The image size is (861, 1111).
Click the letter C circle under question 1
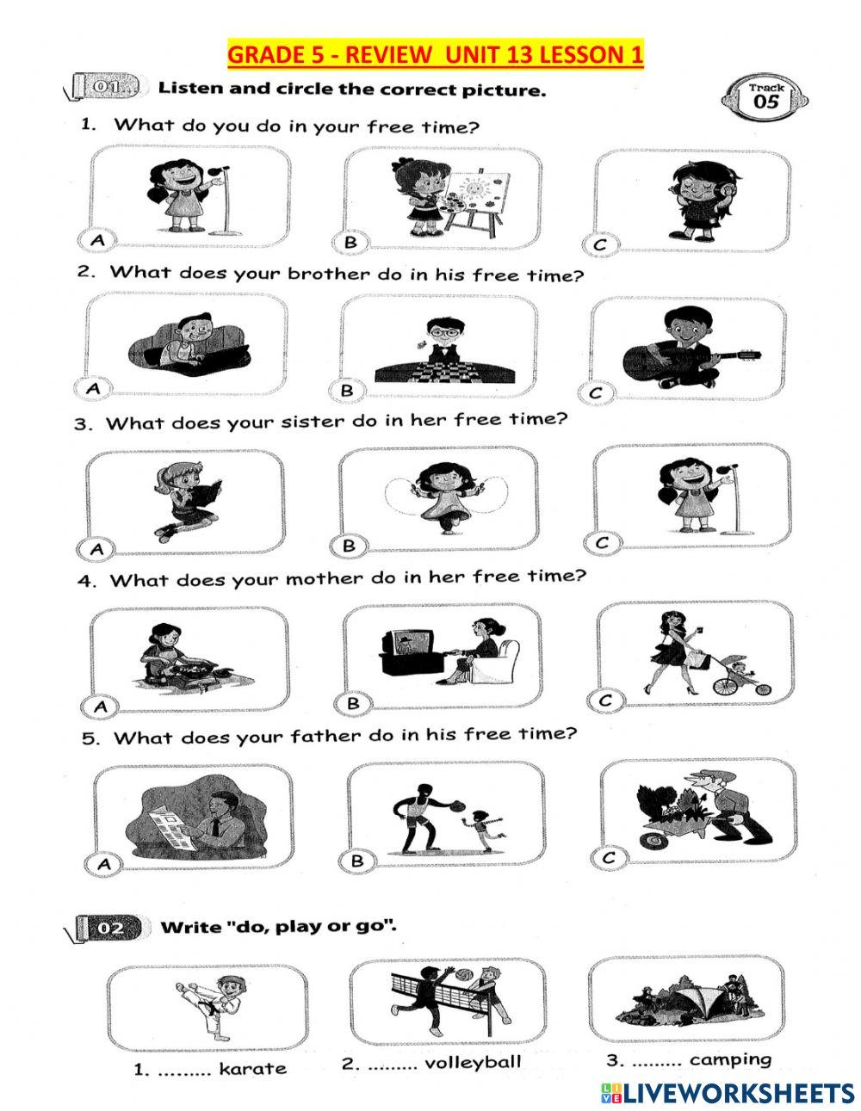(600, 244)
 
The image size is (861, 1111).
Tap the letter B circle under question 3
(349, 545)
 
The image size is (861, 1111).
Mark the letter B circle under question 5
(356, 860)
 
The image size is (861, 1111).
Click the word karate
(252, 1068)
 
